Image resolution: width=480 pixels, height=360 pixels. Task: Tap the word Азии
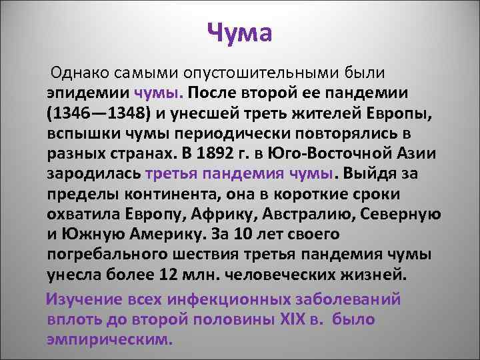(x=417, y=154)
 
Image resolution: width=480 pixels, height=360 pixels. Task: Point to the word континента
(x=153, y=195)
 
